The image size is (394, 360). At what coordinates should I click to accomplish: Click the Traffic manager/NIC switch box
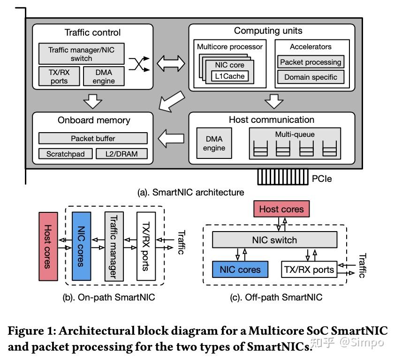click(81, 54)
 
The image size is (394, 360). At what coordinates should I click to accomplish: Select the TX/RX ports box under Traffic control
click(59, 76)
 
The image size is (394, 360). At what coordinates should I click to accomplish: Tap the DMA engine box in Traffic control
click(104, 76)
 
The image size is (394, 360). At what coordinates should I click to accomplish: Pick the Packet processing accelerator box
click(310, 62)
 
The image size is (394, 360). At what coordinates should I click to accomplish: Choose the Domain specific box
click(310, 77)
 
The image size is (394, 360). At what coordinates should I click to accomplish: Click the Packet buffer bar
click(93, 138)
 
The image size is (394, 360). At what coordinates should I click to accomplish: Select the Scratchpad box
click(65, 154)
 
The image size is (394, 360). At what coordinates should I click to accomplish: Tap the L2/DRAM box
click(121, 154)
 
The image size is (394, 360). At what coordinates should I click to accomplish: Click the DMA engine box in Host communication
click(214, 143)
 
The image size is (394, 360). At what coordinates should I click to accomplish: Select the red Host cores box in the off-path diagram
click(281, 209)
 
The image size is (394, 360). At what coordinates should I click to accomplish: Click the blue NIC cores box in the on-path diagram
click(81, 246)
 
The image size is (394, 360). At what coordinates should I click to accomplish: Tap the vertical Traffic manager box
click(113, 246)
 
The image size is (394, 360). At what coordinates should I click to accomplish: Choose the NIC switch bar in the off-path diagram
click(274, 240)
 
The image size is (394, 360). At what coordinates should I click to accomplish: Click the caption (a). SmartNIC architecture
click(190, 192)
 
